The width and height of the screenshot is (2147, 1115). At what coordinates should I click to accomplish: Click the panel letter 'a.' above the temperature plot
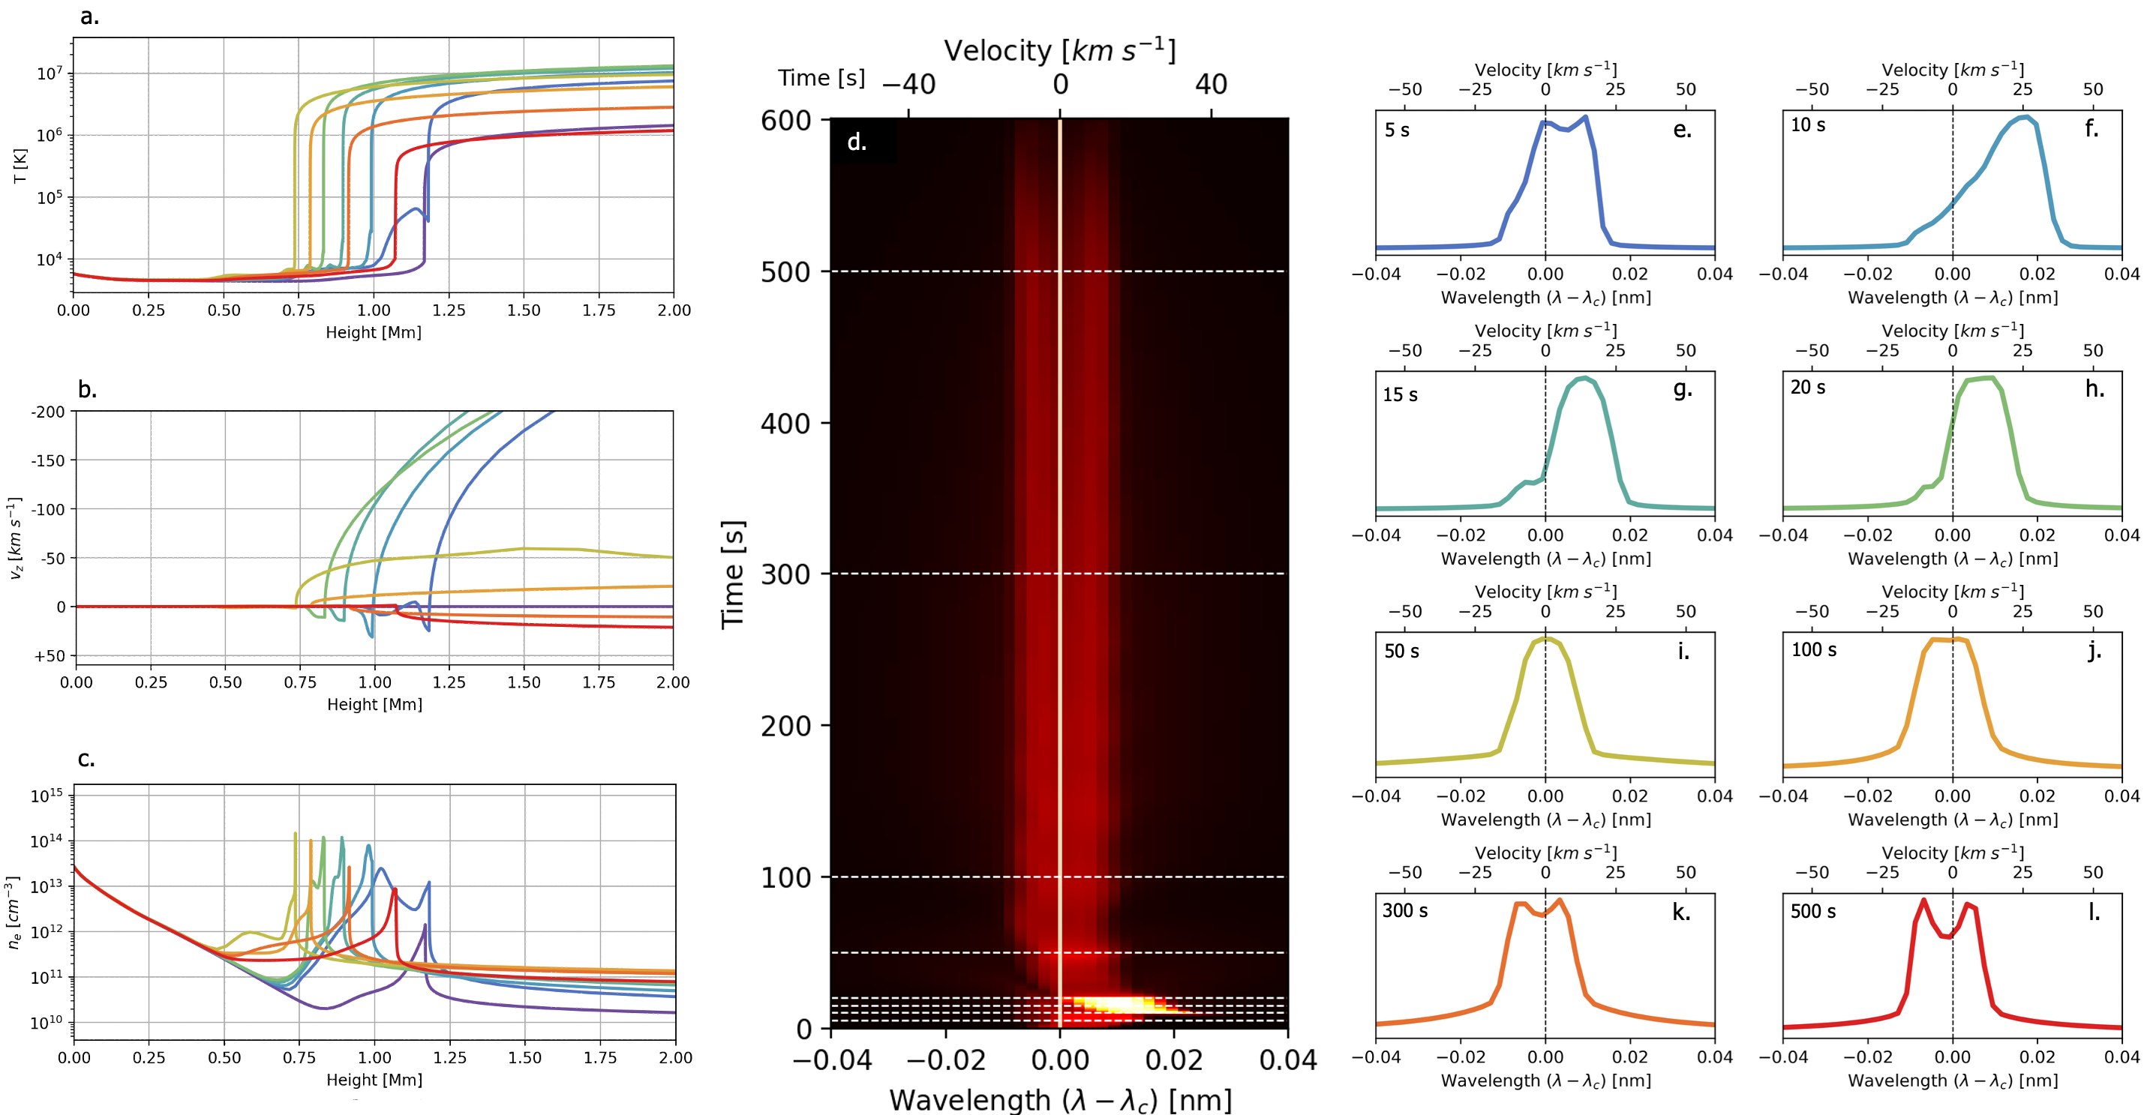(89, 16)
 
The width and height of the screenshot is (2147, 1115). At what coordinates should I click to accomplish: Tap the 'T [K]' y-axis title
(20, 166)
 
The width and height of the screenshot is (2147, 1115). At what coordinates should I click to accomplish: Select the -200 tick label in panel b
(47, 412)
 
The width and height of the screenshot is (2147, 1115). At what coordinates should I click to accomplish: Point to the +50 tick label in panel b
(50, 656)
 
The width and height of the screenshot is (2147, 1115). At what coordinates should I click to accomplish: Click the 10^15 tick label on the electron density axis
(47, 796)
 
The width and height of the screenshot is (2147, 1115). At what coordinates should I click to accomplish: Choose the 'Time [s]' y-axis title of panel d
(733, 574)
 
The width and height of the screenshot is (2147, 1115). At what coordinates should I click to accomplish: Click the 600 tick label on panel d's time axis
(786, 120)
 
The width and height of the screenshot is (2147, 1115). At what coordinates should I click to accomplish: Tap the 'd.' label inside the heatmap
(857, 142)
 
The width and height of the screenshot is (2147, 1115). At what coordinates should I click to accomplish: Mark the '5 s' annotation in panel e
(1397, 130)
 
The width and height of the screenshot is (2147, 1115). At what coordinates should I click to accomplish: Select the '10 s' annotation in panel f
(1808, 125)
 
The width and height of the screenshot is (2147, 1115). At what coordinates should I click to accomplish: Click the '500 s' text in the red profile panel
(1812, 912)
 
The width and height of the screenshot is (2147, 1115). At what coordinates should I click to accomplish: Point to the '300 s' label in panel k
(1404, 911)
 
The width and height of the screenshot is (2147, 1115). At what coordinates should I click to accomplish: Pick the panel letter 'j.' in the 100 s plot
(2094, 651)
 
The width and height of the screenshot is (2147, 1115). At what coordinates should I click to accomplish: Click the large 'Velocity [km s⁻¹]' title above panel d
(1059, 51)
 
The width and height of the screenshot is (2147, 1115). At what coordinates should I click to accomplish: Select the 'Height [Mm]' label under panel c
(374, 1080)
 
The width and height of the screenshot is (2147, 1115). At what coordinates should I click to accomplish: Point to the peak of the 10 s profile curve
(2025, 117)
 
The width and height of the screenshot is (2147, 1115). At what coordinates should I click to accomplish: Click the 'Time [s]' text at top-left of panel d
(821, 78)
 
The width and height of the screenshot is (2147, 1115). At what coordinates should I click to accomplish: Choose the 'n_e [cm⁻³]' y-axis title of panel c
(14, 913)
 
